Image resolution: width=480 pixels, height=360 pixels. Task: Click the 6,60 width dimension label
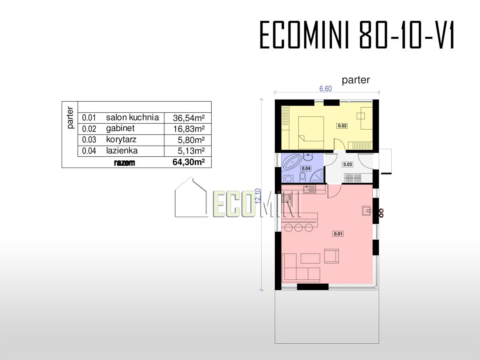pyautogui.click(x=326, y=89)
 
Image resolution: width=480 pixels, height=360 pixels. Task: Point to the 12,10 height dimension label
pyautogui.click(x=258, y=196)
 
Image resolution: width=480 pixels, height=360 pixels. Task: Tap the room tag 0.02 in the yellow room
pyautogui.click(x=342, y=126)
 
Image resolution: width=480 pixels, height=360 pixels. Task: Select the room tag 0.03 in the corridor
pyautogui.click(x=348, y=164)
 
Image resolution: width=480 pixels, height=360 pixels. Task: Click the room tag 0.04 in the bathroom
pyautogui.click(x=306, y=168)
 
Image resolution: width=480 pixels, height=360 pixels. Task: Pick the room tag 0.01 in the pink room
pyautogui.click(x=338, y=234)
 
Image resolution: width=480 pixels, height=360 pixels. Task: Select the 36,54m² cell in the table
pyautogui.click(x=189, y=118)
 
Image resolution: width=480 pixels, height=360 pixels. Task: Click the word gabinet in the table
pyautogui.click(x=120, y=128)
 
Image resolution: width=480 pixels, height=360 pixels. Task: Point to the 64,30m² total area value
pyautogui.click(x=188, y=162)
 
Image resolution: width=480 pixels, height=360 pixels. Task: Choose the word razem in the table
pyautogui.click(x=124, y=163)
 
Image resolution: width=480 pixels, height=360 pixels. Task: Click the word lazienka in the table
pyautogui.click(x=122, y=151)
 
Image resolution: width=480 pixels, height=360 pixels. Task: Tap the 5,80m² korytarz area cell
pyautogui.click(x=191, y=140)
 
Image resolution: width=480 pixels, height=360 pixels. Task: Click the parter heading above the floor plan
pyautogui.click(x=356, y=80)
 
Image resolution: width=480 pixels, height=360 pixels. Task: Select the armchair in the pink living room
pyautogui.click(x=332, y=256)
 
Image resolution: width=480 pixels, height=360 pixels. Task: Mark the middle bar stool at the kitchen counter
pyautogui.click(x=298, y=228)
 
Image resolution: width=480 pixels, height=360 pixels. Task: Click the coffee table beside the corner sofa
pyautogui.click(x=310, y=258)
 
